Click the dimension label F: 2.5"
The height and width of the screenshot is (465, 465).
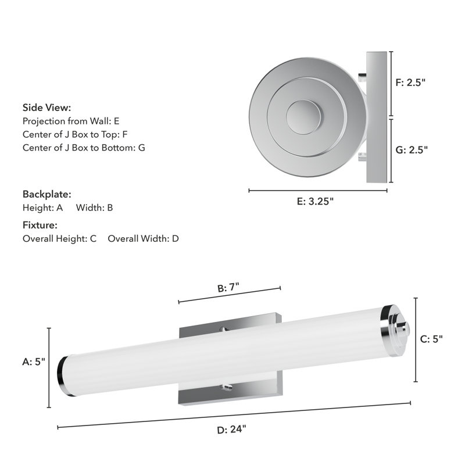(x=411, y=83)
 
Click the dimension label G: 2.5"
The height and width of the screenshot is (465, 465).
(x=412, y=149)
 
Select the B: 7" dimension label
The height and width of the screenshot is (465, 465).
(x=228, y=288)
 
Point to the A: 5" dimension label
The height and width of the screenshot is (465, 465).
(x=34, y=361)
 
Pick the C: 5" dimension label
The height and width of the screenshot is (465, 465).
(x=431, y=339)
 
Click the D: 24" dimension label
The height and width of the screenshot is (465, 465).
(x=231, y=430)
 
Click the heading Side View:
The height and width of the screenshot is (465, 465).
(x=46, y=108)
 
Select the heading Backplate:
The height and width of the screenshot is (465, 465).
(x=46, y=194)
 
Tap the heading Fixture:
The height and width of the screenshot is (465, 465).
(x=40, y=225)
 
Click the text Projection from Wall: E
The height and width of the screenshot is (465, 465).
(x=70, y=121)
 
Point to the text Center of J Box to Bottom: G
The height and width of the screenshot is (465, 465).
(x=84, y=148)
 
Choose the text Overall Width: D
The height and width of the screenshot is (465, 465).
(x=143, y=238)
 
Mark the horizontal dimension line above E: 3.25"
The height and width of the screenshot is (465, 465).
(x=318, y=190)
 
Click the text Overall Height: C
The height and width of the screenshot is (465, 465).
(x=59, y=238)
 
